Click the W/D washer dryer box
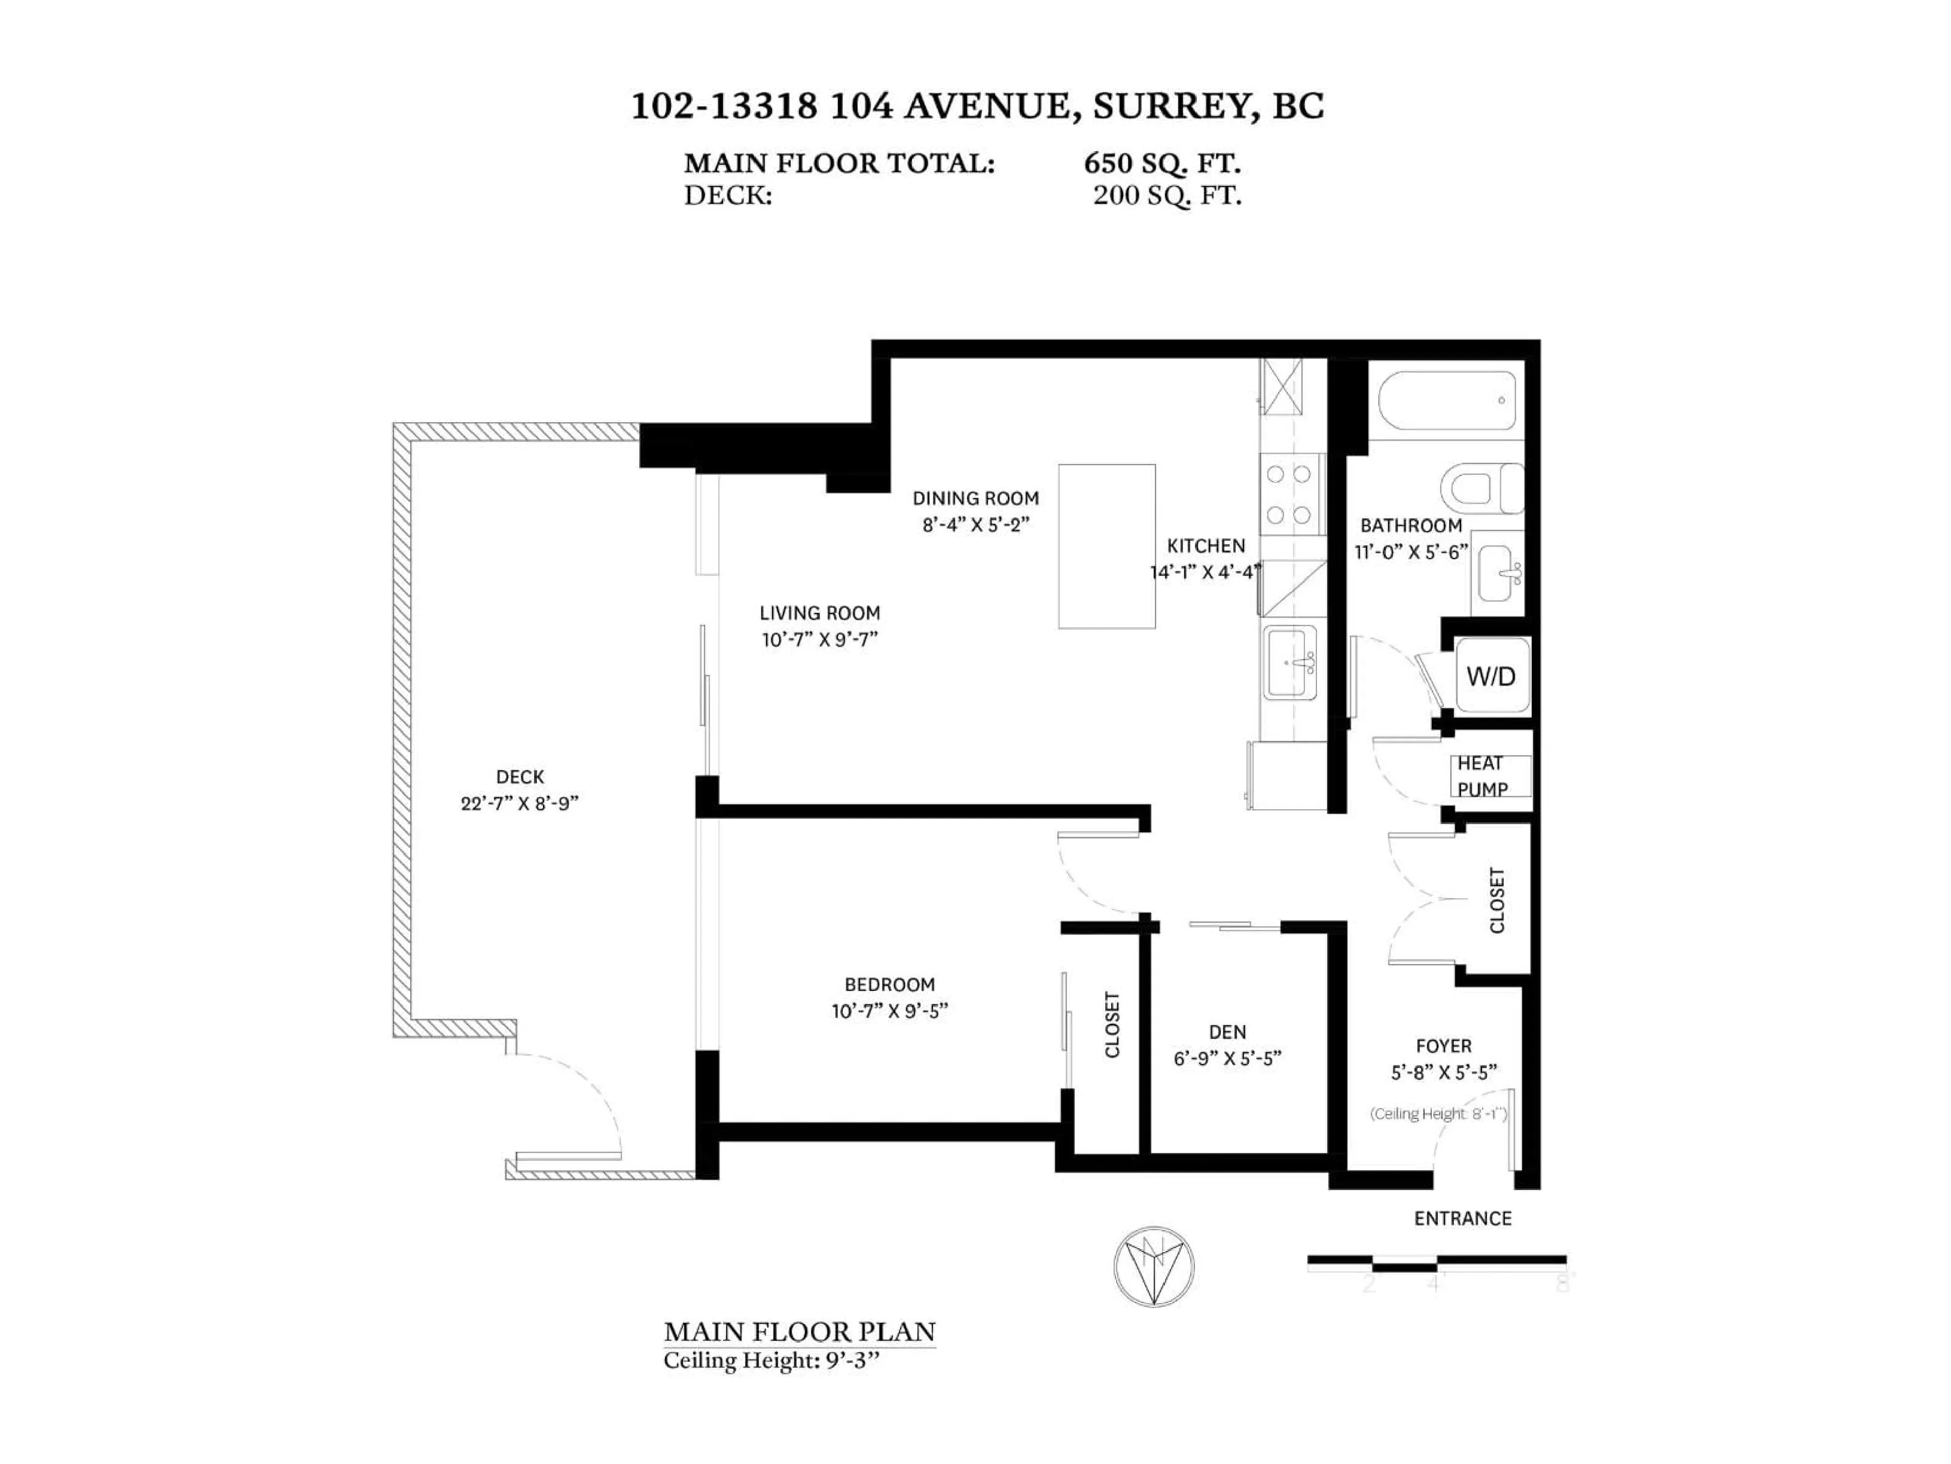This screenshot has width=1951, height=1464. pyautogui.click(x=1491, y=676)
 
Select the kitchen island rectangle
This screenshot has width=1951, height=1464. pyautogui.click(x=1107, y=546)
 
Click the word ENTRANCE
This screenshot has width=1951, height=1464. pyautogui.click(x=1462, y=1218)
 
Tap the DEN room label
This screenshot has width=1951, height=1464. pyautogui.click(x=1227, y=1031)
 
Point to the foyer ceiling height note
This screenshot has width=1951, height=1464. pyautogui.click(x=1438, y=1114)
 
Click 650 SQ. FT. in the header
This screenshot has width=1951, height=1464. pyautogui.click(x=1161, y=163)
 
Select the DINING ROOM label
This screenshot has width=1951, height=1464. pyautogui.click(x=975, y=498)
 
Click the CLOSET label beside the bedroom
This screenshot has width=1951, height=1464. pyautogui.click(x=1112, y=1024)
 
